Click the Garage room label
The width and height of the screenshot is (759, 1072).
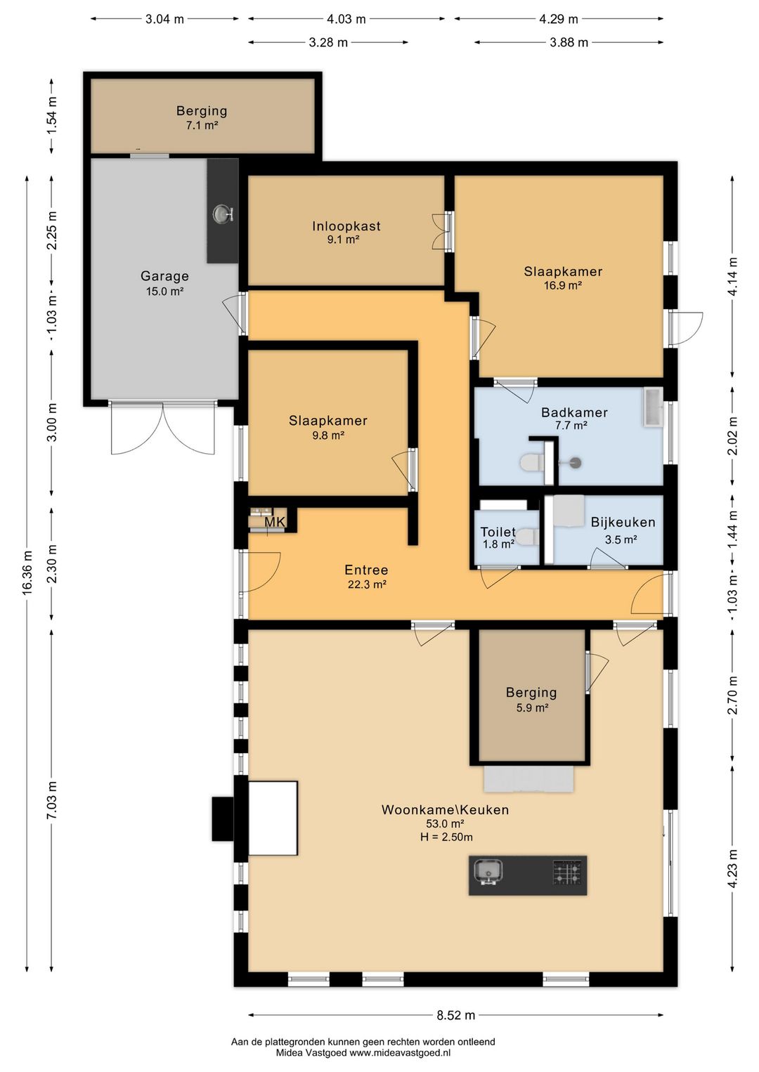coord(164,276)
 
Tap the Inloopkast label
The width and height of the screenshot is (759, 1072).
coord(346,226)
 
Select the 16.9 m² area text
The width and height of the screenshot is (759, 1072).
coord(562,286)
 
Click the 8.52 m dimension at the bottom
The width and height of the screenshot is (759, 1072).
coord(456,1015)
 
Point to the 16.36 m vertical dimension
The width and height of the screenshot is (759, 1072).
coord(28,573)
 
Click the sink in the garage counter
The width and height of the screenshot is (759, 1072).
coord(223,214)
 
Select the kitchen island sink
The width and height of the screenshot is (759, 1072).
coord(488,872)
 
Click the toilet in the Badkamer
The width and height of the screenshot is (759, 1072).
coord(531,462)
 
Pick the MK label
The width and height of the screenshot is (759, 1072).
coord(275,522)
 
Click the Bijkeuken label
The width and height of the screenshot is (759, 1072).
coord(623,522)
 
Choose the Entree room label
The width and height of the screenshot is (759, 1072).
coord(366,570)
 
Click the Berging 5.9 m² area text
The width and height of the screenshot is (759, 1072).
coord(532,707)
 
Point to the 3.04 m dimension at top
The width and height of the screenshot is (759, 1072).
coord(164,19)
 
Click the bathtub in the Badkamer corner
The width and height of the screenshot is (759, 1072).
coord(653,407)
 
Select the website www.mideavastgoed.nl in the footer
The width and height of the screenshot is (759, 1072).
coord(400,1053)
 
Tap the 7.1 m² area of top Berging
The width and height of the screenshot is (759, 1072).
coord(202,126)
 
